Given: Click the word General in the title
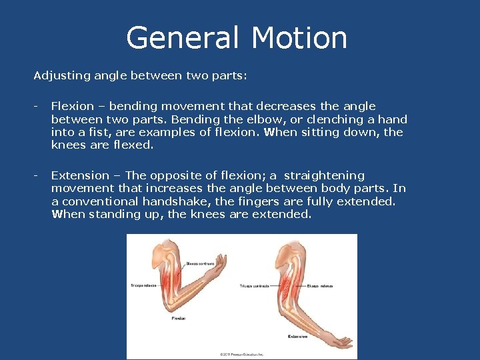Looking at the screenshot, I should pos(179,38).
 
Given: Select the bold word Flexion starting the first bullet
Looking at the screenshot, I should pos(71,107).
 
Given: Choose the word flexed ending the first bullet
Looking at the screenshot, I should pos(133,145).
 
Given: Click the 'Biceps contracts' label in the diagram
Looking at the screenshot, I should pos(201,263).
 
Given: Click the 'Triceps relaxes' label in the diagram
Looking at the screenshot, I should pos(145,285).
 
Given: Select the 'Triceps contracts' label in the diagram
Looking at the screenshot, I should pos(254,286).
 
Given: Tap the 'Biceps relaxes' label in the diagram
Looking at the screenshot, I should pos(321,286).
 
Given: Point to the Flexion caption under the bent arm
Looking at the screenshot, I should pos(178,319).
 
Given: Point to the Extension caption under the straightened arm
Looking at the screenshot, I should pos(298,337).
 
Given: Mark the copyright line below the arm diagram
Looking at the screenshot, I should pos(242,353).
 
